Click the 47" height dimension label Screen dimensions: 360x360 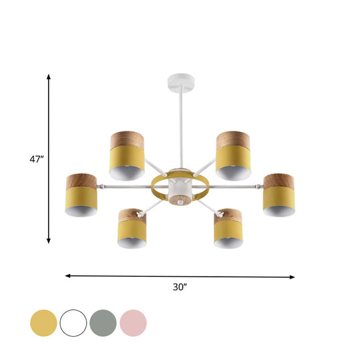click(37, 159)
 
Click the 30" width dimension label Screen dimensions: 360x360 click(179, 287)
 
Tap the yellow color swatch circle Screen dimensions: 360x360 click(43, 323)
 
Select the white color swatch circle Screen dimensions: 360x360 click(73, 323)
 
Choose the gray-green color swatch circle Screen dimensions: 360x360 click(103, 323)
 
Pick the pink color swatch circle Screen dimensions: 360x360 click(133, 323)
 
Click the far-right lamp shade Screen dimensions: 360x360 click(278, 195)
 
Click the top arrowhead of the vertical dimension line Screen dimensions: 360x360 click(49, 78)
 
